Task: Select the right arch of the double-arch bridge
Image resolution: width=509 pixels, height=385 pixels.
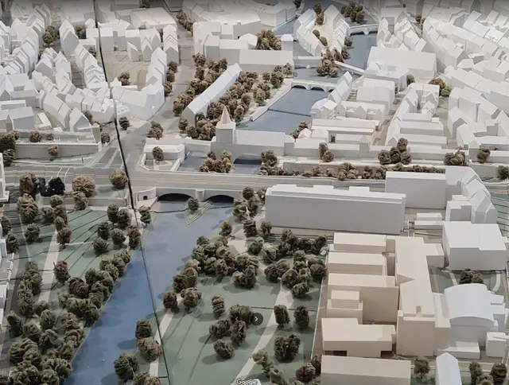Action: [x=220, y=198]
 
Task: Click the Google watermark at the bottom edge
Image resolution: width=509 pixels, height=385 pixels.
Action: [x=247, y=381]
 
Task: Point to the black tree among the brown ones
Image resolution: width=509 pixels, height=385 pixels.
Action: [x=56, y=186]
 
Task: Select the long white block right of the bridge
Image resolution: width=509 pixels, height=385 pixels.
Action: [x=334, y=208]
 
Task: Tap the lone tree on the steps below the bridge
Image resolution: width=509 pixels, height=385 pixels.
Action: [x=192, y=204]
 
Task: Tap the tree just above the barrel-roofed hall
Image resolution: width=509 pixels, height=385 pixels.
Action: [x=470, y=277]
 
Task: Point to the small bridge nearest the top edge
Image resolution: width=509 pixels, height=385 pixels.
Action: [x=362, y=30]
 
